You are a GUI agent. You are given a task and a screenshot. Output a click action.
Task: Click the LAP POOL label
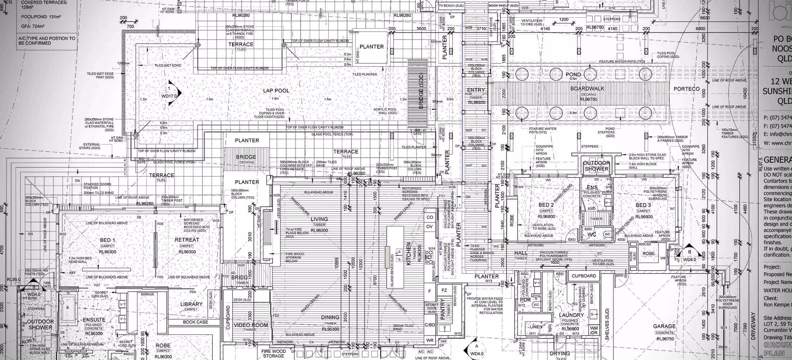pyautogui.click(x=276, y=91)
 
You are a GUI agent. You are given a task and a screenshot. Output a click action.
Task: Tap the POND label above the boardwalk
pyautogui.click(x=573, y=75)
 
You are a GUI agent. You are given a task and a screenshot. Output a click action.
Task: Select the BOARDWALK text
pyautogui.click(x=587, y=89)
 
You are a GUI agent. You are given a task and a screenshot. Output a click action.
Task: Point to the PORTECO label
pyautogui.click(x=687, y=89)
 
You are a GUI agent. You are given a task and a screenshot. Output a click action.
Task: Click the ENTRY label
pyautogui.click(x=476, y=90)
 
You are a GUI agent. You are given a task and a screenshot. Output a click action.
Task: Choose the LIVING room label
pyautogui.click(x=319, y=219)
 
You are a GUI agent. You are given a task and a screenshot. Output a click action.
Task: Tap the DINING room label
pyautogui.click(x=330, y=318)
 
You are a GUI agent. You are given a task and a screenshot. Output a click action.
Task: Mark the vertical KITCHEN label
pyautogui.click(x=409, y=254)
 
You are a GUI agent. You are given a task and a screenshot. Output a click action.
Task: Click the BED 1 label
pyautogui.click(x=108, y=240)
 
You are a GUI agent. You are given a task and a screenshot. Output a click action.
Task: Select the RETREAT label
pyautogui.click(x=186, y=240)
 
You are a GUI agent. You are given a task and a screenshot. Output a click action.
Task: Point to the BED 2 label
pyautogui.click(x=546, y=205)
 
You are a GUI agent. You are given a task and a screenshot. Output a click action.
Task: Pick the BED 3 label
pyautogui.click(x=643, y=205)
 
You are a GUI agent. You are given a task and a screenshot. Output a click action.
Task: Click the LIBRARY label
pyautogui.click(x=191, y=304)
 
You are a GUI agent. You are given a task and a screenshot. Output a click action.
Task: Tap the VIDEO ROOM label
pyautogui.click(x=251, y=325)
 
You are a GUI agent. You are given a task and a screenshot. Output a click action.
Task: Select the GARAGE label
pyautogui.click(x=664, y=327)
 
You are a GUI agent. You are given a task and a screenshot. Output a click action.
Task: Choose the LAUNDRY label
pyautogui.click(x=571, y=315)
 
